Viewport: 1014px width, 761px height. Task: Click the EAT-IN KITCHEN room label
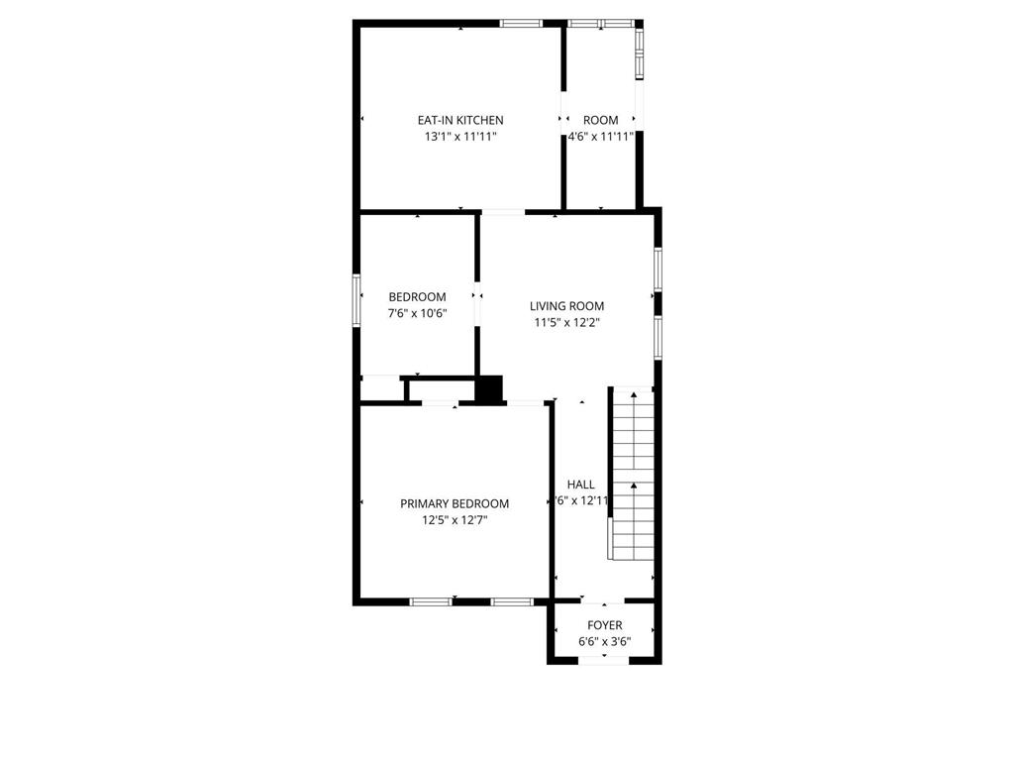(x=460, y=120)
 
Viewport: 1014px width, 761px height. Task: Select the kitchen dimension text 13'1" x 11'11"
(x=460, y=137)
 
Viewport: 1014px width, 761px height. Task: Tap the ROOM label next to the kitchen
(x=600, y=120)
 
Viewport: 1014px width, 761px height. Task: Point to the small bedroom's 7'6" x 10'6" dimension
(x=417, y=313)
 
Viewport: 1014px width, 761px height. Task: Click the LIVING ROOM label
(x=566, y=306)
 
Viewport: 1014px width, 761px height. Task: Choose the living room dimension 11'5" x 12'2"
(x=566, y=322)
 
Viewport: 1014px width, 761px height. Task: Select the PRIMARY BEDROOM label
(x=455, y=503)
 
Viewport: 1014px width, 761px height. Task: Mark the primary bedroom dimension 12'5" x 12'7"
(x=455, y=519)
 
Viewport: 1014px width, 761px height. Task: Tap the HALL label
(x=581, y=485)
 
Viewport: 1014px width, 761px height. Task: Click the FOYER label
(x=605, y=625)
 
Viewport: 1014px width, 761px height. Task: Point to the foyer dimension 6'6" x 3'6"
(x=605, y=641)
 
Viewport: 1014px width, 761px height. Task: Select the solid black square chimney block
(x=489, y=388)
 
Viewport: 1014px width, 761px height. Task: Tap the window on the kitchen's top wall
(x=521, y=23)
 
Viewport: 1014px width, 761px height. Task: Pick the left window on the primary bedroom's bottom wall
(x=432, y=601)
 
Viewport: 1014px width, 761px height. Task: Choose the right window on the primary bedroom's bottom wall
(x=512, y=601)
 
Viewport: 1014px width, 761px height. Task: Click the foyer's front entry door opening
(x=604, y=661)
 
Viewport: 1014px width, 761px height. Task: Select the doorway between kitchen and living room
(x=503, y=211)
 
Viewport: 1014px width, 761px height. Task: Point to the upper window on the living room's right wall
(x=658, y=269)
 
